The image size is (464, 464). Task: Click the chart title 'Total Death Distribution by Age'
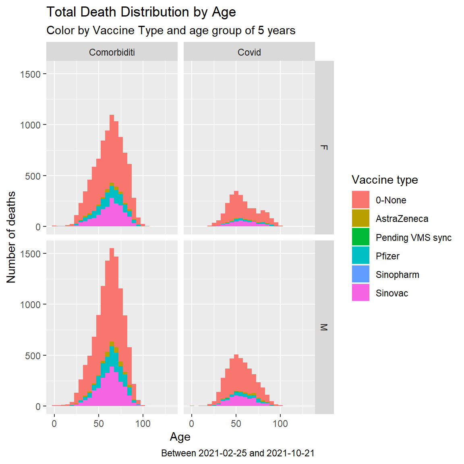click(141, 12)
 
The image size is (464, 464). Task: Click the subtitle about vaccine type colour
click(171, 31)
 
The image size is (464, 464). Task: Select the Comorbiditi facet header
click(112, 52)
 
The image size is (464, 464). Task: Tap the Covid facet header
click(249, 52)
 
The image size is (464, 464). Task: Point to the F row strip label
click(324, 147)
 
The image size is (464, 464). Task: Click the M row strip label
click(324, 327)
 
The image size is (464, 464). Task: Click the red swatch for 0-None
click(360, 200)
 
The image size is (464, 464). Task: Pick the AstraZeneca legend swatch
click(360, 218)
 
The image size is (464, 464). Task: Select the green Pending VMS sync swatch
click(360, 237)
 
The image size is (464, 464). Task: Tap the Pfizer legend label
click(387, 256)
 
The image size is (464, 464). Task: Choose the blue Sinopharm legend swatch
click(360, 274)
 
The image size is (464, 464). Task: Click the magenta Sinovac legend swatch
click(360, 293)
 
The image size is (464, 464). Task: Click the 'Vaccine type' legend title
click(385, 180)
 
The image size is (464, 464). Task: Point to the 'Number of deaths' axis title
click(11, 237)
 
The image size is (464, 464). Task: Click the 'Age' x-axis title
click(180, 437)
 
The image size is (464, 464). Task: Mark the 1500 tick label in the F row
click(30, 75)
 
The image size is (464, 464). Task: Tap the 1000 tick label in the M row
click(30, 305)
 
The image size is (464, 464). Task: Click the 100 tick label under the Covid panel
click(280, 424)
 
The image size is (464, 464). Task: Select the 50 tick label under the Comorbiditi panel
click(99, 424)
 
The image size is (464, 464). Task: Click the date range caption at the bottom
click(238, 453)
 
